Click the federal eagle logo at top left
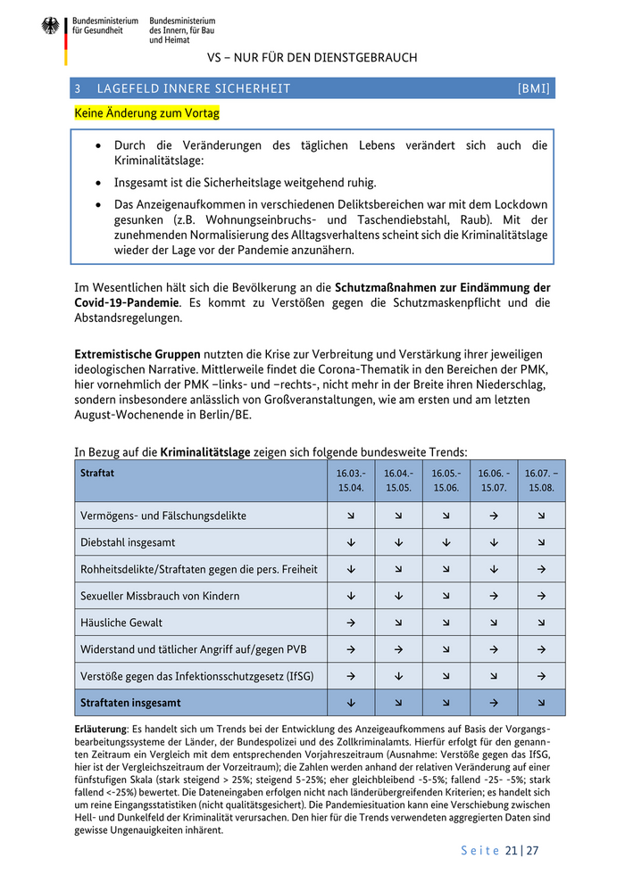(x=50, y=26)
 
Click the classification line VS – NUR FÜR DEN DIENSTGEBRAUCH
(x=312, y=58)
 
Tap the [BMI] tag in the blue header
(x=533, y=88)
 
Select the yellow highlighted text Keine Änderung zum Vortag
(x=147, y=113)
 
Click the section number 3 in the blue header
(x=79, y=88)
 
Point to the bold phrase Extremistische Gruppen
(x=137, y=354)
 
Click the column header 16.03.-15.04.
(x=351, y=480)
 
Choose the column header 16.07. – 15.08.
(x=541, y=480)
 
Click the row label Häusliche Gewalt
(x=121, y=623)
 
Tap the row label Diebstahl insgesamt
(x=128, y=542)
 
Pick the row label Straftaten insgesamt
(x=130, y=703)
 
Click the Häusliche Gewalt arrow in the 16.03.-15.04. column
(x=351, y=623)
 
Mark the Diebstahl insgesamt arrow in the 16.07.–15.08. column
(x=541, y=542)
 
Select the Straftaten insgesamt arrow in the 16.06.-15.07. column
(x=494, y=703)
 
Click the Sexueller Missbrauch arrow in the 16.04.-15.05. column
(x=398, y=596)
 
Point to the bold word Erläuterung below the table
(x=102, y=730)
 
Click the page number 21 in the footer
(x=511, y=850)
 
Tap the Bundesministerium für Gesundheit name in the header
(x=105, y=25)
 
